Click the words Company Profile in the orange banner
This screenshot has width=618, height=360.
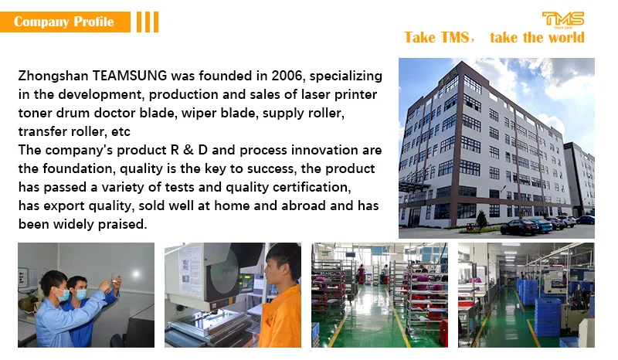(64, 22)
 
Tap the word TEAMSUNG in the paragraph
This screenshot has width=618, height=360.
(130, 75)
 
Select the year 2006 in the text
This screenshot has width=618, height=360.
(287, 75)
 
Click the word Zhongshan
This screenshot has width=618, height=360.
(53, 76)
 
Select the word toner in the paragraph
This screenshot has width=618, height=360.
(35, 113)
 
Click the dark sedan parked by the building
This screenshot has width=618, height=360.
(519, 228)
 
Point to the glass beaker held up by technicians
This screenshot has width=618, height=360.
(114, 278)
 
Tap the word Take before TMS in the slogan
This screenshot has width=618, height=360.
(419, 37)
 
